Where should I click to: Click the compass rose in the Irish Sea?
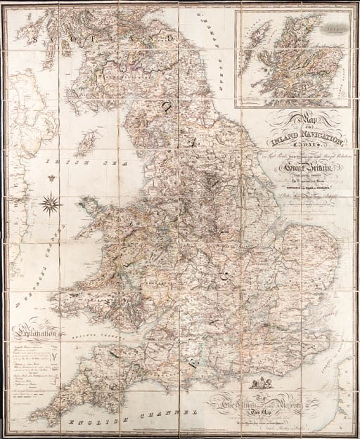click(x=51, y=204)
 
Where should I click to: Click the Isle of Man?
click(x=85, y=148)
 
